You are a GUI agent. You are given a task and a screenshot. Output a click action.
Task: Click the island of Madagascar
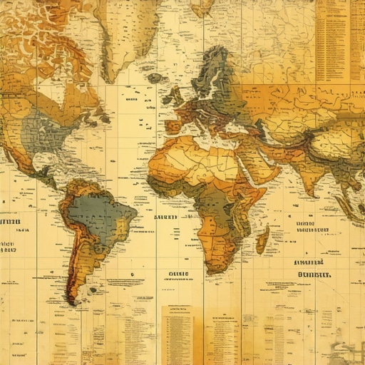click(262, 240)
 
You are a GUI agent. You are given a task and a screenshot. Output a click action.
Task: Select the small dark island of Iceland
click(154, 78)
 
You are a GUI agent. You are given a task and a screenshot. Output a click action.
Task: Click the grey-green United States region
click(50, 132)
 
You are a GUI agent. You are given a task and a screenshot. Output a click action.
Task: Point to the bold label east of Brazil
click(165, 217)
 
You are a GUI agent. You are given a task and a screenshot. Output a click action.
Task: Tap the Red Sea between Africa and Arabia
click(242, 168)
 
